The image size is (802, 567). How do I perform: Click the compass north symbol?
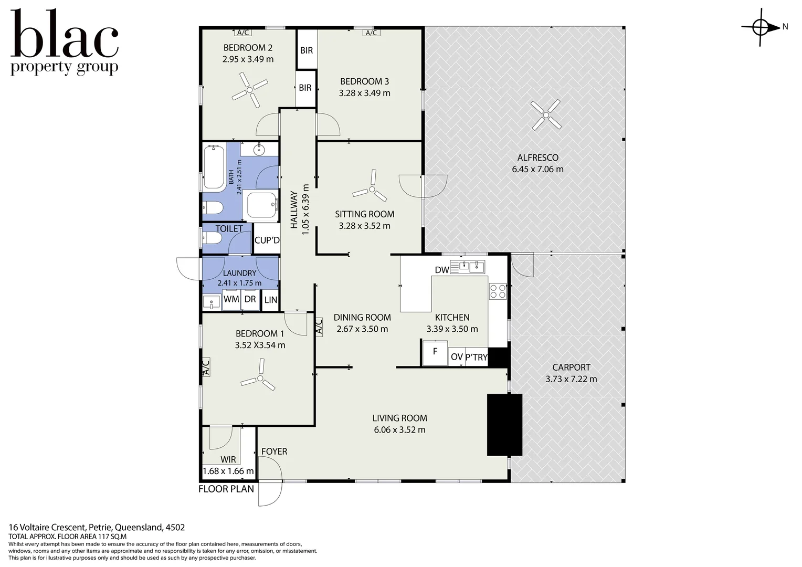click(x=761, y=28)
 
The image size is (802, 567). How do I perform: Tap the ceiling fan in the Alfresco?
click(x=546, y=115)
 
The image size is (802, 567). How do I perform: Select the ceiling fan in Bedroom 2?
click(x=249, y=90)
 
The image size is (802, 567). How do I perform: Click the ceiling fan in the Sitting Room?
click(x=372, y=187)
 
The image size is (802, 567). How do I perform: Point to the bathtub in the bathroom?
click(x=214, y=167)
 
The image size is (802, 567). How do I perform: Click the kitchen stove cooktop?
click(x=498, y=291)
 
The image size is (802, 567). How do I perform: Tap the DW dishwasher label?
click(x=442, y=270)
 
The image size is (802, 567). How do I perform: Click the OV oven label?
click(x=457, y=357)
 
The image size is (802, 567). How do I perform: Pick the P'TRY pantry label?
click(x=476, y=357)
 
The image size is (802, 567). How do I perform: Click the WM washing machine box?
click(x=231, y=300)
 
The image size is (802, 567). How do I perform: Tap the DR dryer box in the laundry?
click(x=250, y=300)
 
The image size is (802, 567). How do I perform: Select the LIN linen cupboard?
click(x=271, y=300)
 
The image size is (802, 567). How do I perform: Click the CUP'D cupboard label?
click(x=267, y=240)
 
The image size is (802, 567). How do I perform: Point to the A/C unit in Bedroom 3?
click(x=371, y=33)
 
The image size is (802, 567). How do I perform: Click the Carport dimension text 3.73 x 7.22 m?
click(x=571, y=379)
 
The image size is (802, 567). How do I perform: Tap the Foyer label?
click(x=275, y=451)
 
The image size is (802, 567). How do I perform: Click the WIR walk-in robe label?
click(x=228, y=459)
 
